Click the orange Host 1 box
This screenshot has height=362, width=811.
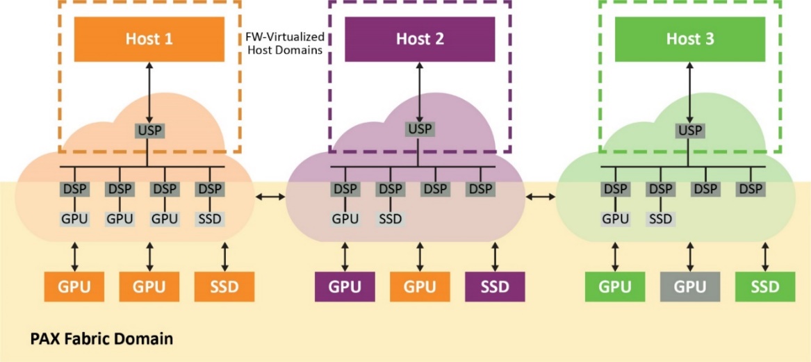pyautogui.click(x=149, y=39)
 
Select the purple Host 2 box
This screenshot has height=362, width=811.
pyautogui.click(x=420, y=39)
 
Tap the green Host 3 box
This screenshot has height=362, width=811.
pyautogui.click(x=689, y=39)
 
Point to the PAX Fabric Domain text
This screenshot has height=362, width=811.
pyautogui.click(x=101, y=340)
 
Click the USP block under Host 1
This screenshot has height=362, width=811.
pyautogui.click(x=149, y=130)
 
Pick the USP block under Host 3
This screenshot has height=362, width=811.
pyautogui.click(x=689, y=130)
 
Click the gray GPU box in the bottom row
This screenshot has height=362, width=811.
pyautogui.click(x=689, y=286)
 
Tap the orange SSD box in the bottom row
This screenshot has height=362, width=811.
pyautogui.click(x=224, y=286)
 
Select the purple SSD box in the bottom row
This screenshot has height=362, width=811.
pyautogui.click(x=495, y=286)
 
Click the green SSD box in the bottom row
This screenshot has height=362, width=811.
pyautogui.click(x=764, y=286)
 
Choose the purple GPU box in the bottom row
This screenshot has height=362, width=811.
pyautogui.click(x=345, y=286)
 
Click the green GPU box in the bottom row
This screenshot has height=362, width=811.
pyautogui.click(x=614, y=286)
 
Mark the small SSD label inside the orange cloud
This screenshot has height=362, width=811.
pyautogui.click(x=209, y=219)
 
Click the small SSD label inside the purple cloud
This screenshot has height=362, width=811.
pyautogui.click(x=390, y=219)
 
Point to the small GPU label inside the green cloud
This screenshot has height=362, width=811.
pyautogui.click(x=615, y=219)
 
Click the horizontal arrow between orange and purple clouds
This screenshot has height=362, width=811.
pyautogui.click(x=270, y=199)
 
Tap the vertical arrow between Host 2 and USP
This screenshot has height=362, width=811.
pyautogui.click(x=420, y=90)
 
